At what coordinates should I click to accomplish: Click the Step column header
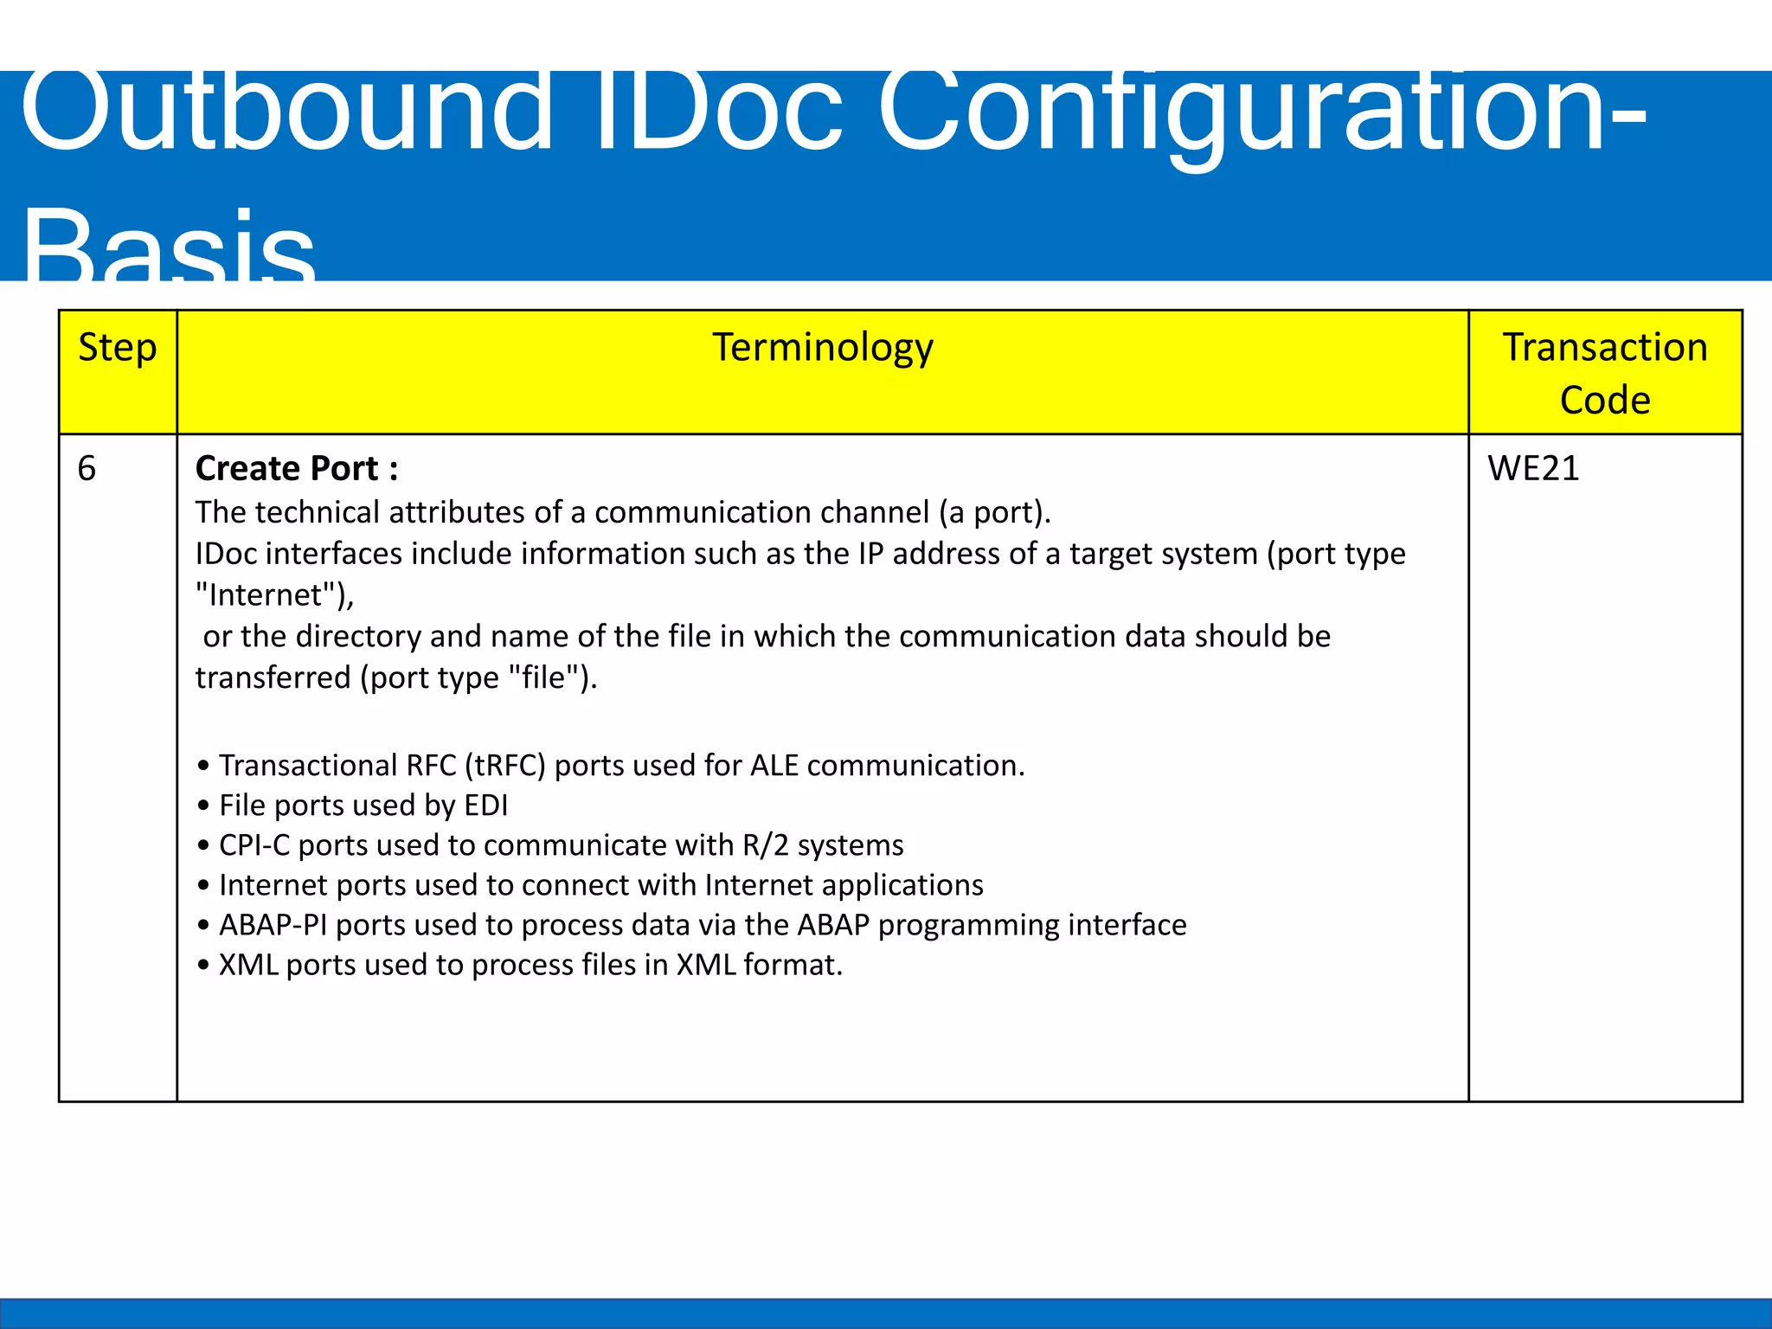[x=118, y=349]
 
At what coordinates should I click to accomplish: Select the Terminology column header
[x=822, y=349]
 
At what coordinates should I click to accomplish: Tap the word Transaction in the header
[x=1605, y=348]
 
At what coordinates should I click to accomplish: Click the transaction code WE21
[x=1533, y=469]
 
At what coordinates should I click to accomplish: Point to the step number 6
[x=87, y=469]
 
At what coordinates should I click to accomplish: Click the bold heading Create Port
[x=296, y=469]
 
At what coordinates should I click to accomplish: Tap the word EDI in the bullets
[x=486, y=806]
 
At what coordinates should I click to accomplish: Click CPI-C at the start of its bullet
[x=254, y=845]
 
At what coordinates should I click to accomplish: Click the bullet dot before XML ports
[x=203, y=966]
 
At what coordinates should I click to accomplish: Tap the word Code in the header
[x=1605, y=401]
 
